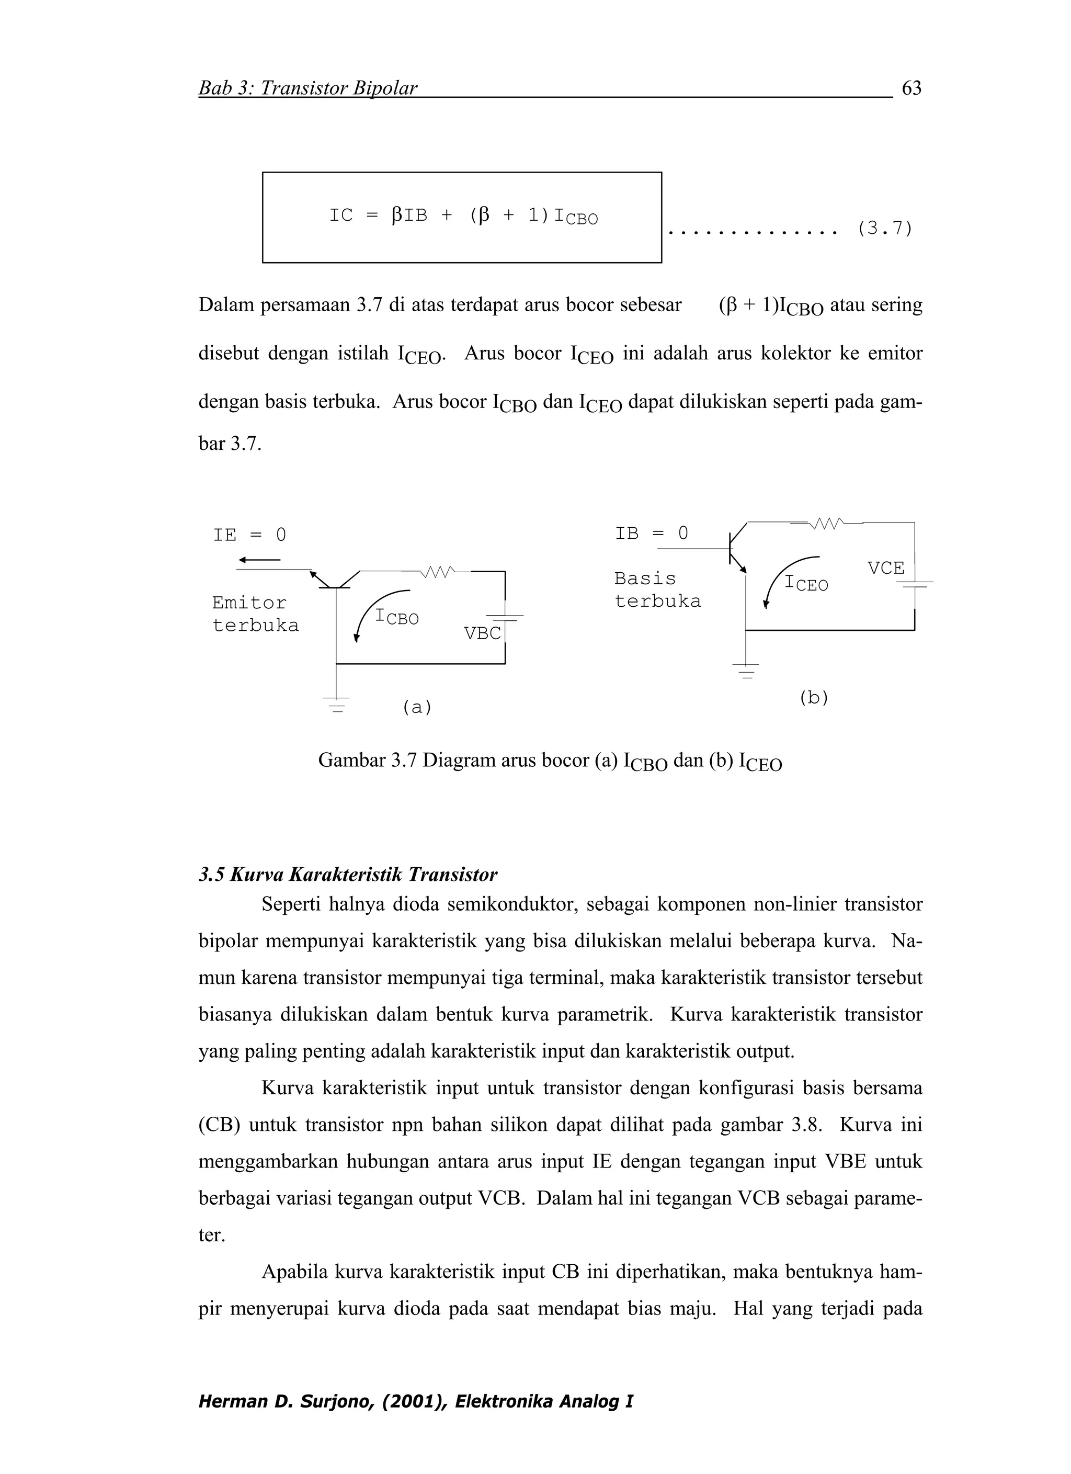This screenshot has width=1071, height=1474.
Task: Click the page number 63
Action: pyautogui.click(x=911, y=88)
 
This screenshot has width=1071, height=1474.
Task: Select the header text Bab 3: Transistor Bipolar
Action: pyautogui.click(x=307, y=88)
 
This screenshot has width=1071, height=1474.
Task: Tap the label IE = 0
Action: pyautogui.click(x=249, y=535)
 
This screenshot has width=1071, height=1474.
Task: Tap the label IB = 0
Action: pyautogui.click(x=651, y=534)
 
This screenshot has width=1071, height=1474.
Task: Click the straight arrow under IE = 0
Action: pyautogui.click(x=259, y=560)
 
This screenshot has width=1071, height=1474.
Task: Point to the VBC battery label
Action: pyautogui.click(x=482, y=633)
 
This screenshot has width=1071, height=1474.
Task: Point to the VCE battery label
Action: pyautogui.click(x=886, y=568)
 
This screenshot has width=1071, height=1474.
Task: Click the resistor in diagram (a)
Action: pyautogui.click(x=438, y=572)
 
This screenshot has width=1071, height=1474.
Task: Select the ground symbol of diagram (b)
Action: pyautogui.click(x=745, y=670)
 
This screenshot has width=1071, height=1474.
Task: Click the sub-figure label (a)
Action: pyautogui.click(x=417, y=707)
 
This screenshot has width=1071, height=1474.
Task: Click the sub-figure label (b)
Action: pyautogui.click(x=814, y=698)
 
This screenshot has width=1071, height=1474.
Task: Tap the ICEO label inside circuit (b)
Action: pyautogui.click(x=806, y=583)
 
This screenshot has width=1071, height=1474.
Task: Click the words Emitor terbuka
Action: pyautogui.click(x=255, y=614)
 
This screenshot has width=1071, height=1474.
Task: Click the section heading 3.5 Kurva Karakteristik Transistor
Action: pyautogui.click(x=348, y=875)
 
